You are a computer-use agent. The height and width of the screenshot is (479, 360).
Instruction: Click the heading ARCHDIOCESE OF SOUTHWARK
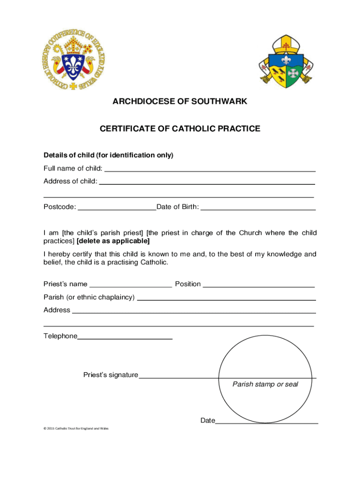tap(180, 102)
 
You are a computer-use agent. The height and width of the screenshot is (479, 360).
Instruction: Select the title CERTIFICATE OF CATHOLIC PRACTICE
tap(180, 129)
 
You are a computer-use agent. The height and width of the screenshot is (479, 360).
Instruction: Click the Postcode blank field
tap(117, 210)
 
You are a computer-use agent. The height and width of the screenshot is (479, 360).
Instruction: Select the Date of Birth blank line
tap(258, 210)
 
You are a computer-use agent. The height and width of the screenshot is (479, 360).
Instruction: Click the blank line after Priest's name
tap(130, 286)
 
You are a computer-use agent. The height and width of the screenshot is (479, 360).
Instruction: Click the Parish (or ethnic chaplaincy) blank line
tap(226, 299)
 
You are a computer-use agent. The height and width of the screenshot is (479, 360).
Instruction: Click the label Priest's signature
tap(111, 375)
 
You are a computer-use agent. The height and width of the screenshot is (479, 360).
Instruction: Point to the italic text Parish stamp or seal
tap(265, 385)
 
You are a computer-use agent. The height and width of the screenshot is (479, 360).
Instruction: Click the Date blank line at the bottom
tap(266, 422)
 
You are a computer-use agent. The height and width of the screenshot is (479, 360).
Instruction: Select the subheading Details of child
tap(108, 155)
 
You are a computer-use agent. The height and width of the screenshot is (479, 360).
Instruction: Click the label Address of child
tap(71, 181)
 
